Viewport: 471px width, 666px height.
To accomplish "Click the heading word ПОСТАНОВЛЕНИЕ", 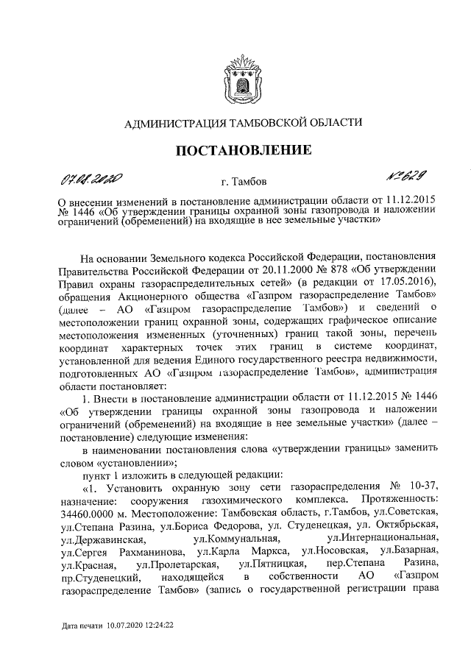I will click(x=235, y=151).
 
